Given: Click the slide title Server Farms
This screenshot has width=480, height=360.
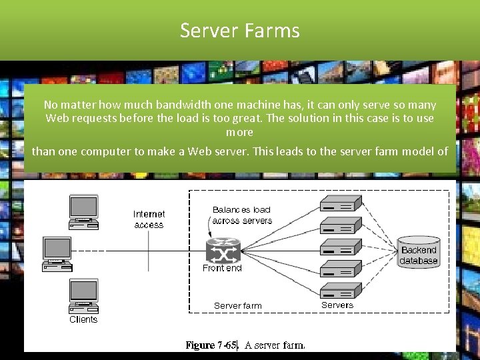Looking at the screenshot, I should coord(240,31).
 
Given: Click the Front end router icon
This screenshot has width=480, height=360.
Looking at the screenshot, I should coord(222,251).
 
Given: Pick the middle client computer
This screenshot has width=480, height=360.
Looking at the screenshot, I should coord(58,253).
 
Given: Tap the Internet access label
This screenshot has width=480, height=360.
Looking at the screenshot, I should coord(149,219).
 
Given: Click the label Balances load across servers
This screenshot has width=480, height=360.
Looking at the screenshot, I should coord(242,215).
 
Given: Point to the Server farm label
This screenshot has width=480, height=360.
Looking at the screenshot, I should coord(238,305).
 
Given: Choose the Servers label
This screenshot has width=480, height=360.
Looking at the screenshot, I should coord(337,305).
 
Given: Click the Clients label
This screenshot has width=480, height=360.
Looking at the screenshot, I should coord(83,319).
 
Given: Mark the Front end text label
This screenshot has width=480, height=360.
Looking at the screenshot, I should coord(223,268).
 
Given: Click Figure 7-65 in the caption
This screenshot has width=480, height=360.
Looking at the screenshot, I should coord(211,345).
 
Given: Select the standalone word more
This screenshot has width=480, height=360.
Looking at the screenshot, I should coord(239,132).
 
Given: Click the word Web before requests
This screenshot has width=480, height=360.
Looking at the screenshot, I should coord(57,118).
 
